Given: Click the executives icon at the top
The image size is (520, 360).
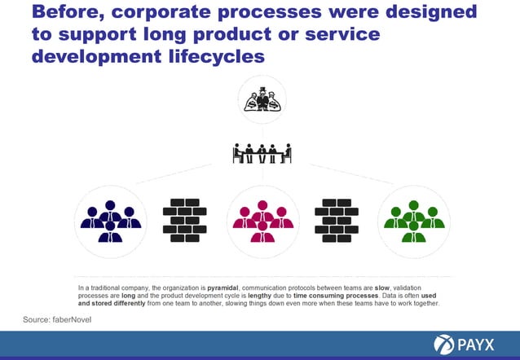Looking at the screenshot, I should click(x=262, y=101).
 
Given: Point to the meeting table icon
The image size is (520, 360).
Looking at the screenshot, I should click(x=262, y=153).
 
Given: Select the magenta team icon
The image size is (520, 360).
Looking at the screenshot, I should click(x=262, y=221).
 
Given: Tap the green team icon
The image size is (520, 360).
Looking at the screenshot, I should click(x=414, y=221).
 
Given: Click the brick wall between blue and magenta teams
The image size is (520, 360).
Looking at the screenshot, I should click(x=185, y=220).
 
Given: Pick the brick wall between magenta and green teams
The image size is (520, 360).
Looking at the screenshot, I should click(x=337, y=220).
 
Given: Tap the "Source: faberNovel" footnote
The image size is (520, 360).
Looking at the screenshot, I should click(x=57, y=318).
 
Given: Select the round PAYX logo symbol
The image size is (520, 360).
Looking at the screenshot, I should click(x=445, y=344).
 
